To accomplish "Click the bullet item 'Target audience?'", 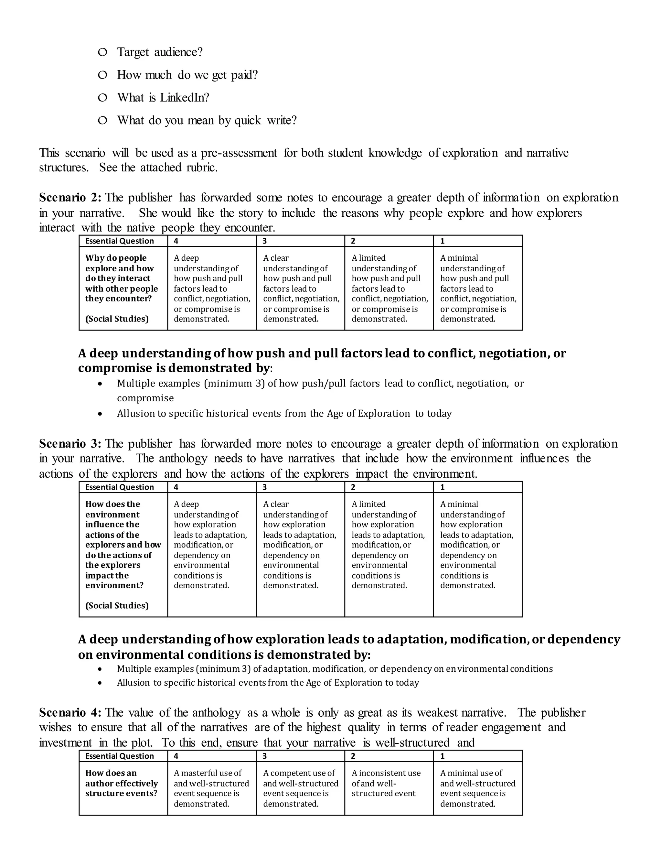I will click(x=160, y=52).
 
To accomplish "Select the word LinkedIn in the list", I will click(x=184, y=97).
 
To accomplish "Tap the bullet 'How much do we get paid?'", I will click(x=187, y=75).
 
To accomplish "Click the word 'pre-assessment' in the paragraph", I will click(x=239, y=153).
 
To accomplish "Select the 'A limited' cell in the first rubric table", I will click(x=389, y=288).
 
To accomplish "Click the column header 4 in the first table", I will click(x=176, y=241).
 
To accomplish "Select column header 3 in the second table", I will click(x=265, y=487).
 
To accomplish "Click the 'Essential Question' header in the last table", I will click(x=120, y=756).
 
